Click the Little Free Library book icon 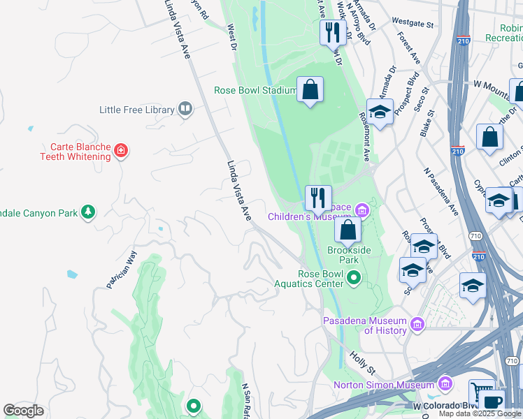pyautogui.click(x=185, y=109)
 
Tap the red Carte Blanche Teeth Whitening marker pyautogui.click(x=121, y=151)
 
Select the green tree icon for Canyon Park pyautogui.click(x=87, y=212)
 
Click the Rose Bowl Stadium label pyautogui.click(x=255, y=90)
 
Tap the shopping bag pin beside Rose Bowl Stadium pyautogui.click(x=310, y=90)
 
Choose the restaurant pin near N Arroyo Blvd pyautogui.click(x=333, y=32)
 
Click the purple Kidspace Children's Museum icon pyautogui.click(x=361, y=209)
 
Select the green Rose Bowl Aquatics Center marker pyautogui.click(x=354, y=279)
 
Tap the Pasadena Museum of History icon pyautogui.click(x=417, y=323)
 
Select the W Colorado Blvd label pyautogui.click(x=445, y=405)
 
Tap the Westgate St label pyautogui.click(x=409, y=22)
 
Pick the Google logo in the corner pyautogui.click(x=23, y=411)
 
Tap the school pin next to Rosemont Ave pyautogui.click(x=380, y=112)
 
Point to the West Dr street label pyautogui.click(x=232, y=38)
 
